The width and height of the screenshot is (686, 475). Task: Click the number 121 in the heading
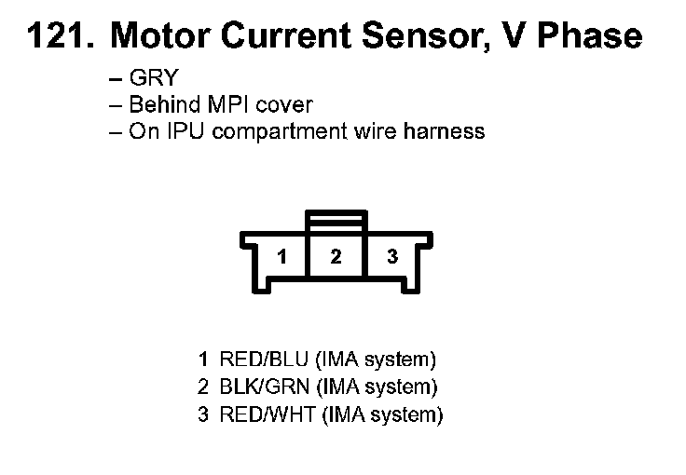click(x=58, y=36)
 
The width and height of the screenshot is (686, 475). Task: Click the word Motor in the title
click(x=155, y=36)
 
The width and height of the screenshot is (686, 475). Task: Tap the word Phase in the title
click(x=593, y=36)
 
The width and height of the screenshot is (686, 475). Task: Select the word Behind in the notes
click(x=159, y=105)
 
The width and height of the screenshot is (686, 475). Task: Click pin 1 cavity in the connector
click(x=281, y=257)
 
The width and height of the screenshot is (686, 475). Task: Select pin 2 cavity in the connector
click(x=336, y=257)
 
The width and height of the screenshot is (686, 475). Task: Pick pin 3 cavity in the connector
click(x=391, y=257)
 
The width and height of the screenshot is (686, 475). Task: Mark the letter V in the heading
click(x=514, y=36)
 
